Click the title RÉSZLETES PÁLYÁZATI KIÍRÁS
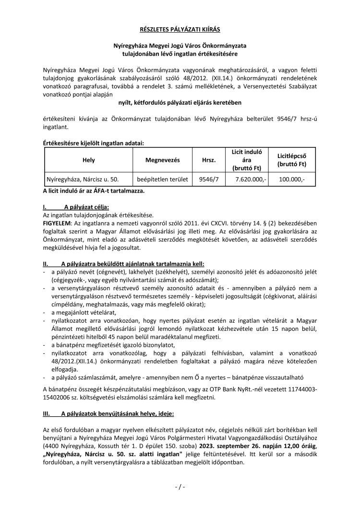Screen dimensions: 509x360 [x=180, y=29]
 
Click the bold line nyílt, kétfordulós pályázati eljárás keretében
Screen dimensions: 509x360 [x=180, y=102]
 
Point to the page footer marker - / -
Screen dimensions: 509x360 [x=180, y=487]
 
